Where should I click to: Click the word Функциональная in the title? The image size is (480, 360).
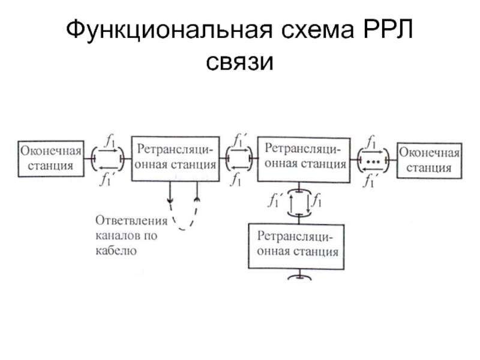click(x=169, y=29)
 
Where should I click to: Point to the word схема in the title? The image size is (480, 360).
click(x=317, y=31)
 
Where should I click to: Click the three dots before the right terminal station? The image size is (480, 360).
click(x=373, y=161)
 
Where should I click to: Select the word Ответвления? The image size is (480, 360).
click(x=131, y=221)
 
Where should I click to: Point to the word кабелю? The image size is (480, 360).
click(x=116, y=250)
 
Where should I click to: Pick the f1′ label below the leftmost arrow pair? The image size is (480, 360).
click(x=106, y=179)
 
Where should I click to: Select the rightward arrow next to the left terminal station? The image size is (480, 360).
click(x=108, y=151)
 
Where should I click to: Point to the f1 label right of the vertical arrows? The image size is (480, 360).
click(x=317, y=200)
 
